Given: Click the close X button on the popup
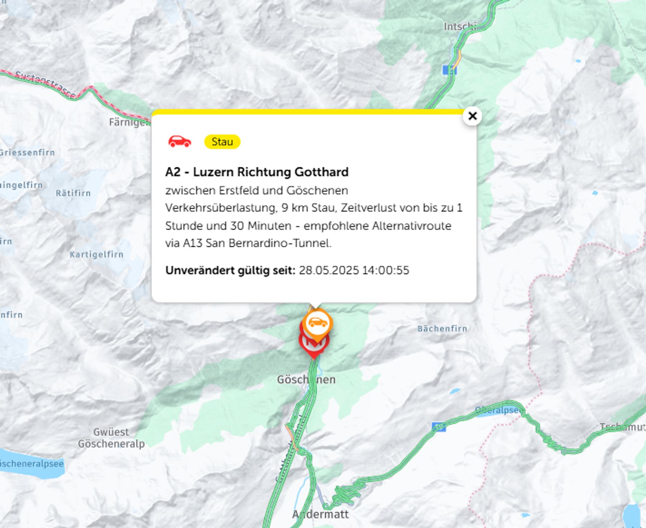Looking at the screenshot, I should pyautogui.click(x=472, y=116).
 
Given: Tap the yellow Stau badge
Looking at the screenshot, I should pyautogui.click(x=222, y=142).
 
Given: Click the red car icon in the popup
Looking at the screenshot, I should pyautogui.click(x=180, y=141).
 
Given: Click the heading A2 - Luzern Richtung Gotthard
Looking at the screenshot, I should pyautogui.click(x=257, y=172).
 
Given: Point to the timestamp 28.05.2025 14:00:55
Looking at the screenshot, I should pyautogui.click(x=354, y=270).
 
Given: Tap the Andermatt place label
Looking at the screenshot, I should pyautogui.click(x=320, y=514).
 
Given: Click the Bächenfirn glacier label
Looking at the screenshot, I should pyautogui.click(x=442, y=328).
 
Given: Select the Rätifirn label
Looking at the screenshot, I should pyautogui.click(x=73, y=193).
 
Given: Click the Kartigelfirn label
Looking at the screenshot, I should pyautogui.click(x=97, y=254).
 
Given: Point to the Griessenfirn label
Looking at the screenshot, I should pyautogui.click(x=27, y=153).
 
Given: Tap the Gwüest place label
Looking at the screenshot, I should pyautogui.click(x=111, y=431).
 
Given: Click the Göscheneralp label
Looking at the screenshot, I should pyautogui.click(x=111, y=444).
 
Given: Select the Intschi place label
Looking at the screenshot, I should pyautogui.click(x=460, y=27).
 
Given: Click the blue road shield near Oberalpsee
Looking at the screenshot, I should pyautogui.click(x=439, y=427).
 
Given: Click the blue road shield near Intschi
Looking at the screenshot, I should pyautogui.click(x=449, y=70).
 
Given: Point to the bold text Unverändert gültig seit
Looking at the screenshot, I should pyautogui.click(x=230, y=270).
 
